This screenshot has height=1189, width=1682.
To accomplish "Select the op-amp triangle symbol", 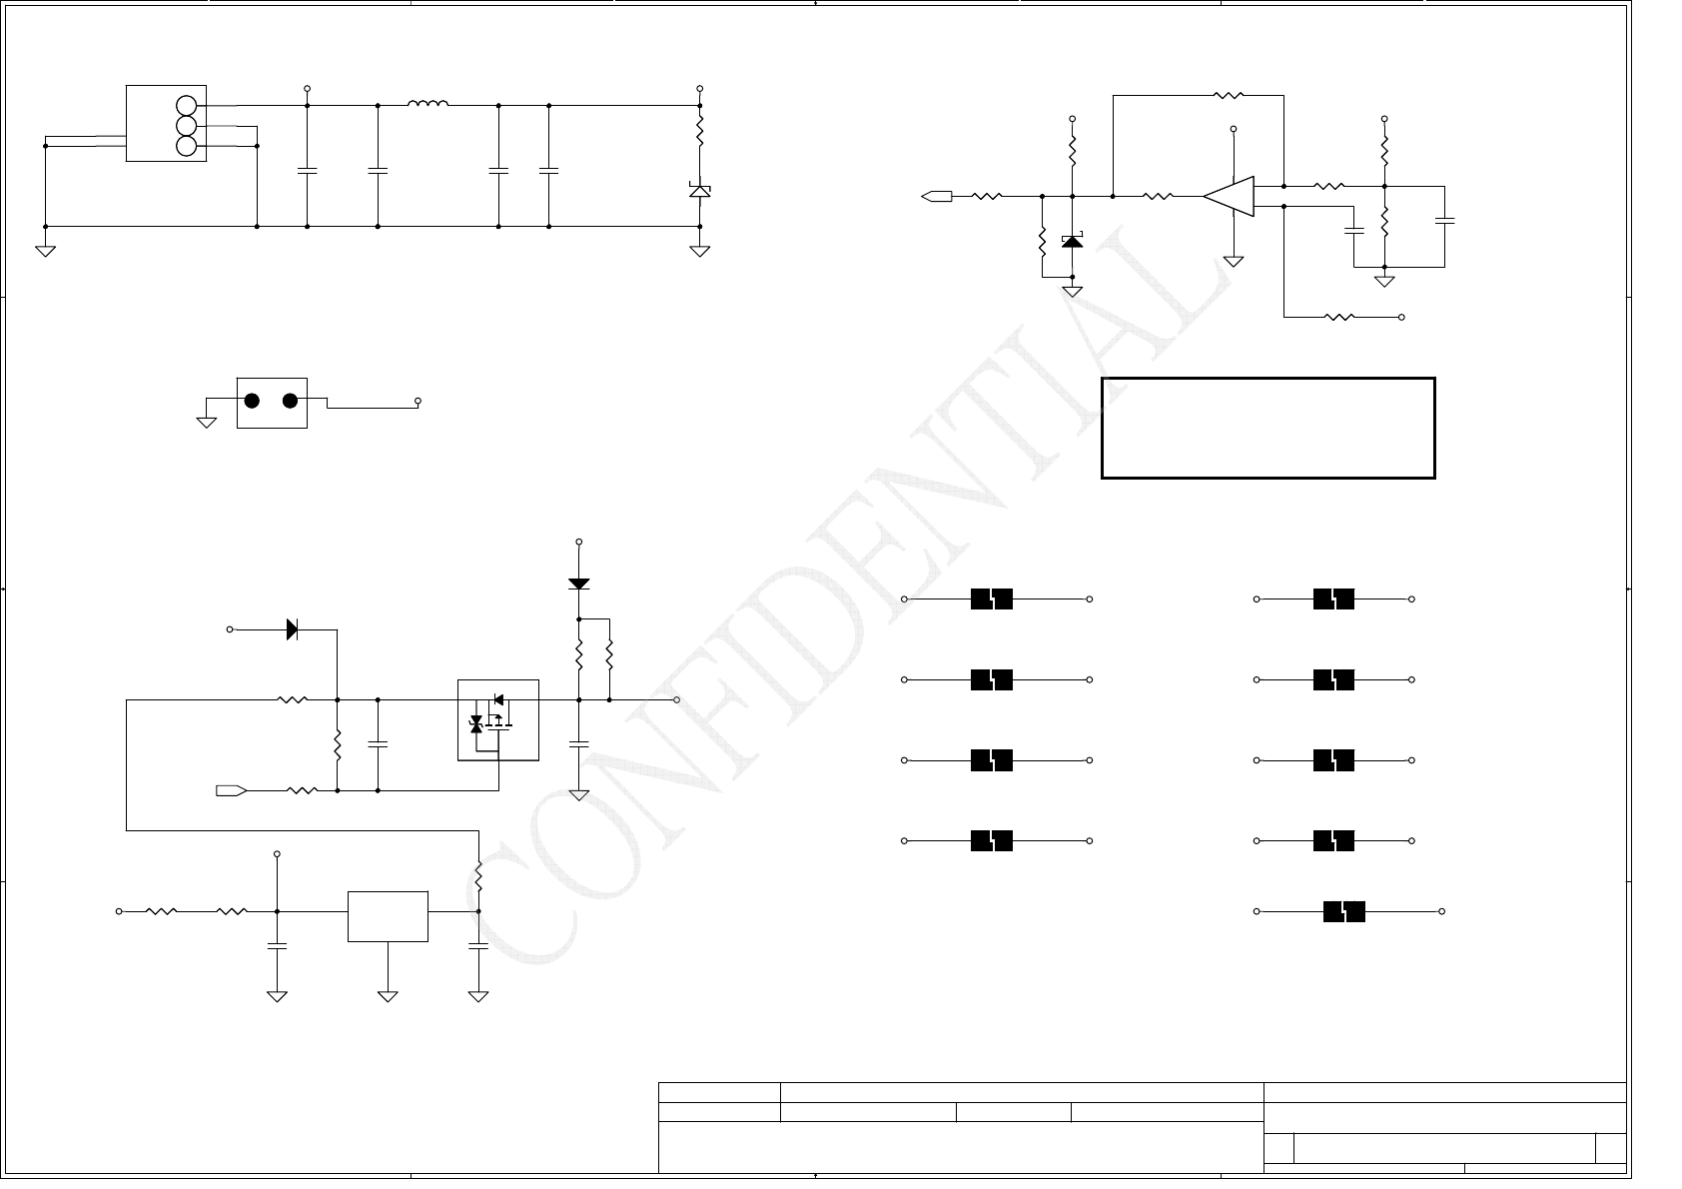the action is tap(1230, 196).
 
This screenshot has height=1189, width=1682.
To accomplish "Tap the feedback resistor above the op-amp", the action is tap(1228, 96).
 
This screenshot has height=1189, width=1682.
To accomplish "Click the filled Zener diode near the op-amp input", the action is tap(1072, 241).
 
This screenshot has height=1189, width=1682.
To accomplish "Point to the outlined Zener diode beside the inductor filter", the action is tap(699, 189).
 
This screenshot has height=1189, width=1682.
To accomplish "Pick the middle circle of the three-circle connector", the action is tap(186, 126).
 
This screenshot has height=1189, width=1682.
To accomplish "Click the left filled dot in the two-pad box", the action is tap(253, 401).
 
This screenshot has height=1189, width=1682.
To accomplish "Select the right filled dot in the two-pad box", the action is tap(290, 401).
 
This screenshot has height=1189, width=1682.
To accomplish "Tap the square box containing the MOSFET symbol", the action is tap(497, 719).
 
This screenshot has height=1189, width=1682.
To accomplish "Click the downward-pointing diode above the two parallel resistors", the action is tap(578, 583).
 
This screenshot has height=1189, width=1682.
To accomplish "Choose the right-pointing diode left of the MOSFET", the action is tap(292, 629).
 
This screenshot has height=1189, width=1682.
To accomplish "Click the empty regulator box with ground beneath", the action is tap(388, 916).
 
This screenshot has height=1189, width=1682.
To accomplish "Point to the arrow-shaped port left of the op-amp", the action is tap(936, 196).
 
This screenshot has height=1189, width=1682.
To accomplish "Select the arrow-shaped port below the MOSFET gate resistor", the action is tap(231, 791).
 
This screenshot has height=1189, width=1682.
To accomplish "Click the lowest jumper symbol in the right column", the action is tap(1343, 911).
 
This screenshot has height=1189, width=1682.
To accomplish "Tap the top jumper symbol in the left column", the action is tap(992, 598).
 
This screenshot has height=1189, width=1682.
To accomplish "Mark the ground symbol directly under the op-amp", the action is tap(1234, 261).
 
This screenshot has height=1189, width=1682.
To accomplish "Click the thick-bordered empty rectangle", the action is tap(1267, 428).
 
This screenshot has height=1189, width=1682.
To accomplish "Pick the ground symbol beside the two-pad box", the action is tap(207, 422).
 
